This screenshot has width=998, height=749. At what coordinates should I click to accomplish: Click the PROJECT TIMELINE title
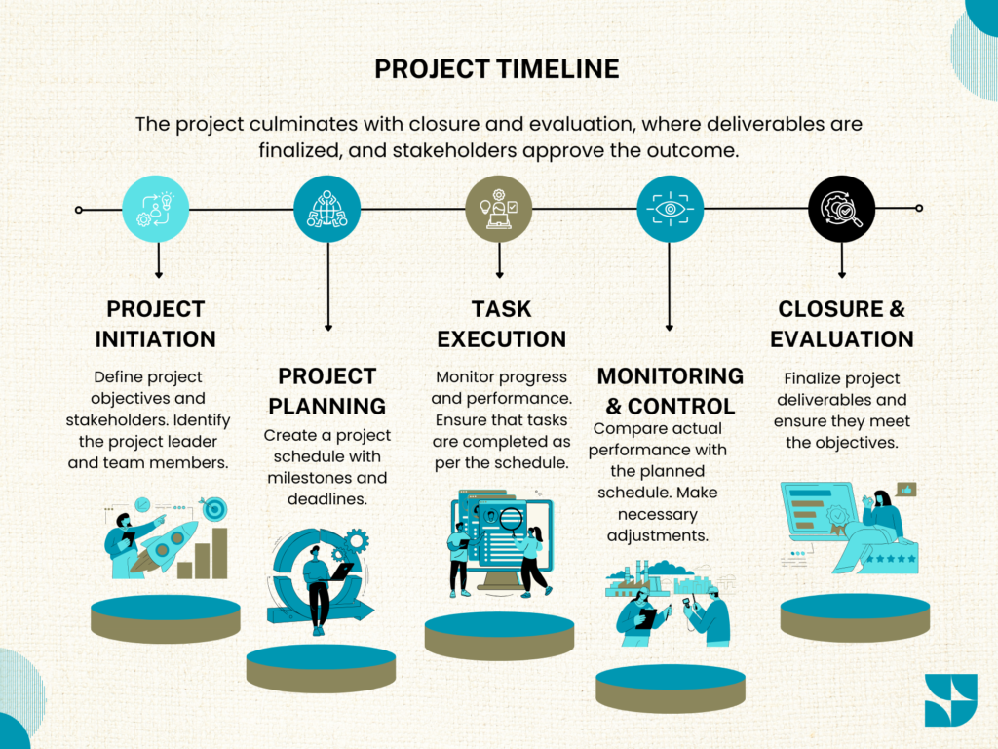click(x=496, y=69)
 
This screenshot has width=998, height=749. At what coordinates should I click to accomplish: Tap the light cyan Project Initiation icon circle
click(x=155, y=209)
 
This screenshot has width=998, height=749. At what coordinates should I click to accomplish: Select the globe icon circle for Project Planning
click(x=327, y=209)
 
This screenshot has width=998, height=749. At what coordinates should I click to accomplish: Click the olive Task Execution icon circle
click(x=498, y=209)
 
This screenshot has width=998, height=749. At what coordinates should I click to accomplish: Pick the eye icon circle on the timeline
click(x=671, y=209)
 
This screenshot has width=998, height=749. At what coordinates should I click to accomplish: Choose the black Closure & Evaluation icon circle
click(x=841, y=209)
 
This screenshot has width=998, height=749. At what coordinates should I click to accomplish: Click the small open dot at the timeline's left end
click(x=78, y=210)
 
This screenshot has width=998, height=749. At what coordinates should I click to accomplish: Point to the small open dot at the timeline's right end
click(x=919, y=209)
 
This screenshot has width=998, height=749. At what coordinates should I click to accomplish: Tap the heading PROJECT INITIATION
click(x=155, y=324)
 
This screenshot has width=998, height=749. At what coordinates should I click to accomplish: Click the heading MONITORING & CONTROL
click(x=671, y=391)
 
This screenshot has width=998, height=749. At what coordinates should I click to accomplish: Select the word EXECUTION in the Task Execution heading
click(x=502, y=339)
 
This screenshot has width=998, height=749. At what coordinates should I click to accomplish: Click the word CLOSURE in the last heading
click(x=830, y=309)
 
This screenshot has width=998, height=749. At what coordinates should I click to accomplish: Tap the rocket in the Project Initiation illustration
click(x=167, y=545)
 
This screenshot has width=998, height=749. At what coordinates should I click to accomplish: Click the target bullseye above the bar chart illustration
click(x=215, y=508)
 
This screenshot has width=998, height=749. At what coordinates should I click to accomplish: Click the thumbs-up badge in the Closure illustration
click(x=906, y=490)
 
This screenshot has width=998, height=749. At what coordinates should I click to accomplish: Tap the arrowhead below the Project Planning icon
click(x=328, y=328)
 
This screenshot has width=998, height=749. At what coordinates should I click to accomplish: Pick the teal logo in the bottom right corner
click(x=951, y=700)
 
